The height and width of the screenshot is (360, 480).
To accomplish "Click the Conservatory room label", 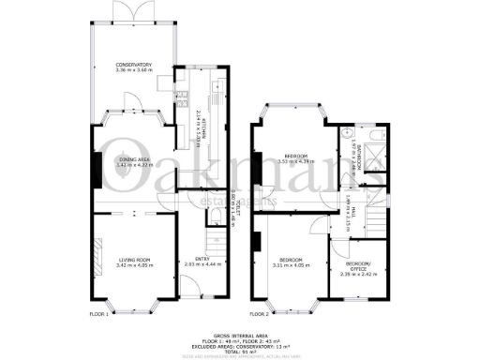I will pyautogui.click(x=132, y=65).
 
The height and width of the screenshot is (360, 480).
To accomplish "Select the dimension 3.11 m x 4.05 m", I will pyautogui.click(x=292, y=265).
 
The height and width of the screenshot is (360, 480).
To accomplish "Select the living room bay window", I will pyautogui.click(x=133, y=307).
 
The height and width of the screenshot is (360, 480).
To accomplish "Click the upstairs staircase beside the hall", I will pyautogui.click(x=378, y=219).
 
